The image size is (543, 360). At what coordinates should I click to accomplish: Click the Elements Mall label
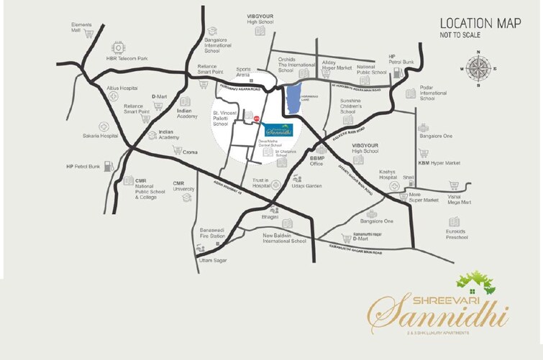pos(81,28)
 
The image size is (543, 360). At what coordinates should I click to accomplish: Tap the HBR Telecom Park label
pos(127,58)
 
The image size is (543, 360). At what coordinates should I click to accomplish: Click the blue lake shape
pos(293,99)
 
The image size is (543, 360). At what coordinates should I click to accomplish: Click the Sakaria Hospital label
pos(99,135)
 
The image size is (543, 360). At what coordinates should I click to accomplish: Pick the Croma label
pos(190,152)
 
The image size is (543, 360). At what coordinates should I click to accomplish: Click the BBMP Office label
pos(317,160)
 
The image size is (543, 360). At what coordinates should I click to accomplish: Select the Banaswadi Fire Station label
pos(212,234)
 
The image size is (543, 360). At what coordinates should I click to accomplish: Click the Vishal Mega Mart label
pos(458,200)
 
